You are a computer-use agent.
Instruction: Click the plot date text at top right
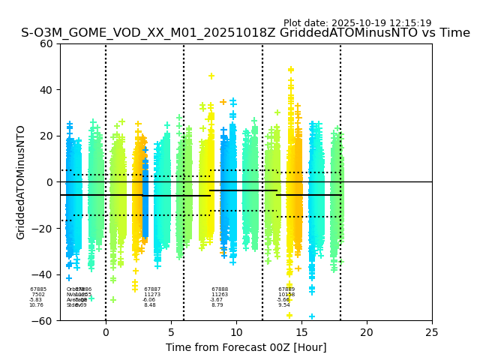tap(357, 23)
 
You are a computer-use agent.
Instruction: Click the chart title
tap(245, 33)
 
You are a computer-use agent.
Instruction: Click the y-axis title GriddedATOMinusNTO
tap(21, 182)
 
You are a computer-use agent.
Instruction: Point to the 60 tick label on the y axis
tap(46, 43)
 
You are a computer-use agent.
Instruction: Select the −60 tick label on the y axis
tap(43, 320)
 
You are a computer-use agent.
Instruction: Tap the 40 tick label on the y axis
tap(46, 90)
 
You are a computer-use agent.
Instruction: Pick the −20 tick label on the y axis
tap(43, 228)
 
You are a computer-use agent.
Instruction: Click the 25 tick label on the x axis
tap(432, 332)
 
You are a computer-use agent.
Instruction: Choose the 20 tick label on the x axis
tap(367, 332)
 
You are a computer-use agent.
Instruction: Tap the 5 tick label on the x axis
tap(171, 332)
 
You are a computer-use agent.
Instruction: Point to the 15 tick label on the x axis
tap(301, 332)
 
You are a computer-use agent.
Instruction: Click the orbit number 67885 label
tap(38, 289)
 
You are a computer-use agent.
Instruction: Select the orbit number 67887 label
tap(152, 289)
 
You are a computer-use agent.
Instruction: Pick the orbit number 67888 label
tap(220, 289)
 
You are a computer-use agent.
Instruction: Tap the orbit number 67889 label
tap(286, 289)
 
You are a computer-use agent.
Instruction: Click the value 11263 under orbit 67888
tap(220, 295)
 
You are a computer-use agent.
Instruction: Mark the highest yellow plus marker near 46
tap(211, 76)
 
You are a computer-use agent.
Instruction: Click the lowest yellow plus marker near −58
tap(289, 315)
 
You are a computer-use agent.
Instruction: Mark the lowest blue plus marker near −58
tap(312, 316)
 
